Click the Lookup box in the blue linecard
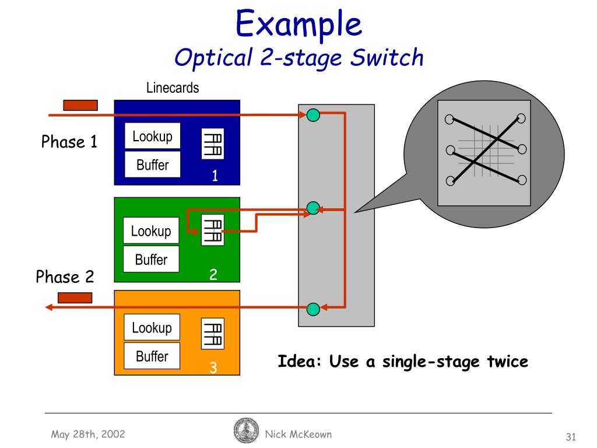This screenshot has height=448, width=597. [x=153, y=136]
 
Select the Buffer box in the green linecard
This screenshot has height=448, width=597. [x=151, y=260]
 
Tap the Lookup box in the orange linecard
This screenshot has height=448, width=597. [x=152, y=327]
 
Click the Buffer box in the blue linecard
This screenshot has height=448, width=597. [x=153, y=165]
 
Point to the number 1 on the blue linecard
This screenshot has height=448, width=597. [x=215, y=176]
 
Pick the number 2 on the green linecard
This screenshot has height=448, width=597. [x=214, y=274]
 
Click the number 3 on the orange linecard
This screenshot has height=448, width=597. [x=213, y=367]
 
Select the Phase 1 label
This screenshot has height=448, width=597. [x=69, y=142]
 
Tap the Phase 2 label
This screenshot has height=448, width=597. [x=65, y=276]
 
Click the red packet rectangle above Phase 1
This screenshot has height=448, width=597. [x=80, y=105]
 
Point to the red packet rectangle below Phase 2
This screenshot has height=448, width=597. [x=75, y=297]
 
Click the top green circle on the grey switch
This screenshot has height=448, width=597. [x=313, y=115]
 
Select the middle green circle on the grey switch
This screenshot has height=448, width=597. [x=313, y=208]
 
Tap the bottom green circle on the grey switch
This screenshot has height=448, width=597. [x=313, y=307]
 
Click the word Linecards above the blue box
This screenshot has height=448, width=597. [x=173, y=88]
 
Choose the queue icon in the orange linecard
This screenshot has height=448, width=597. [x=212, y=334]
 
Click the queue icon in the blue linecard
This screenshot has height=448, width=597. [x=212, y=143]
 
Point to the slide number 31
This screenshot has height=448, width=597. [x=571, y=437]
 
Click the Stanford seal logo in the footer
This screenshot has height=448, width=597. [x=245, y=432]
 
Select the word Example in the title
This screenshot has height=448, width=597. [x=298, y=24]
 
